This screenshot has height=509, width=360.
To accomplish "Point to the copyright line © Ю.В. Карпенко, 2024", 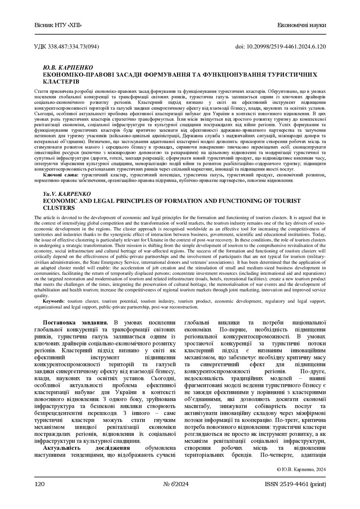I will (x=300, y=469).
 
